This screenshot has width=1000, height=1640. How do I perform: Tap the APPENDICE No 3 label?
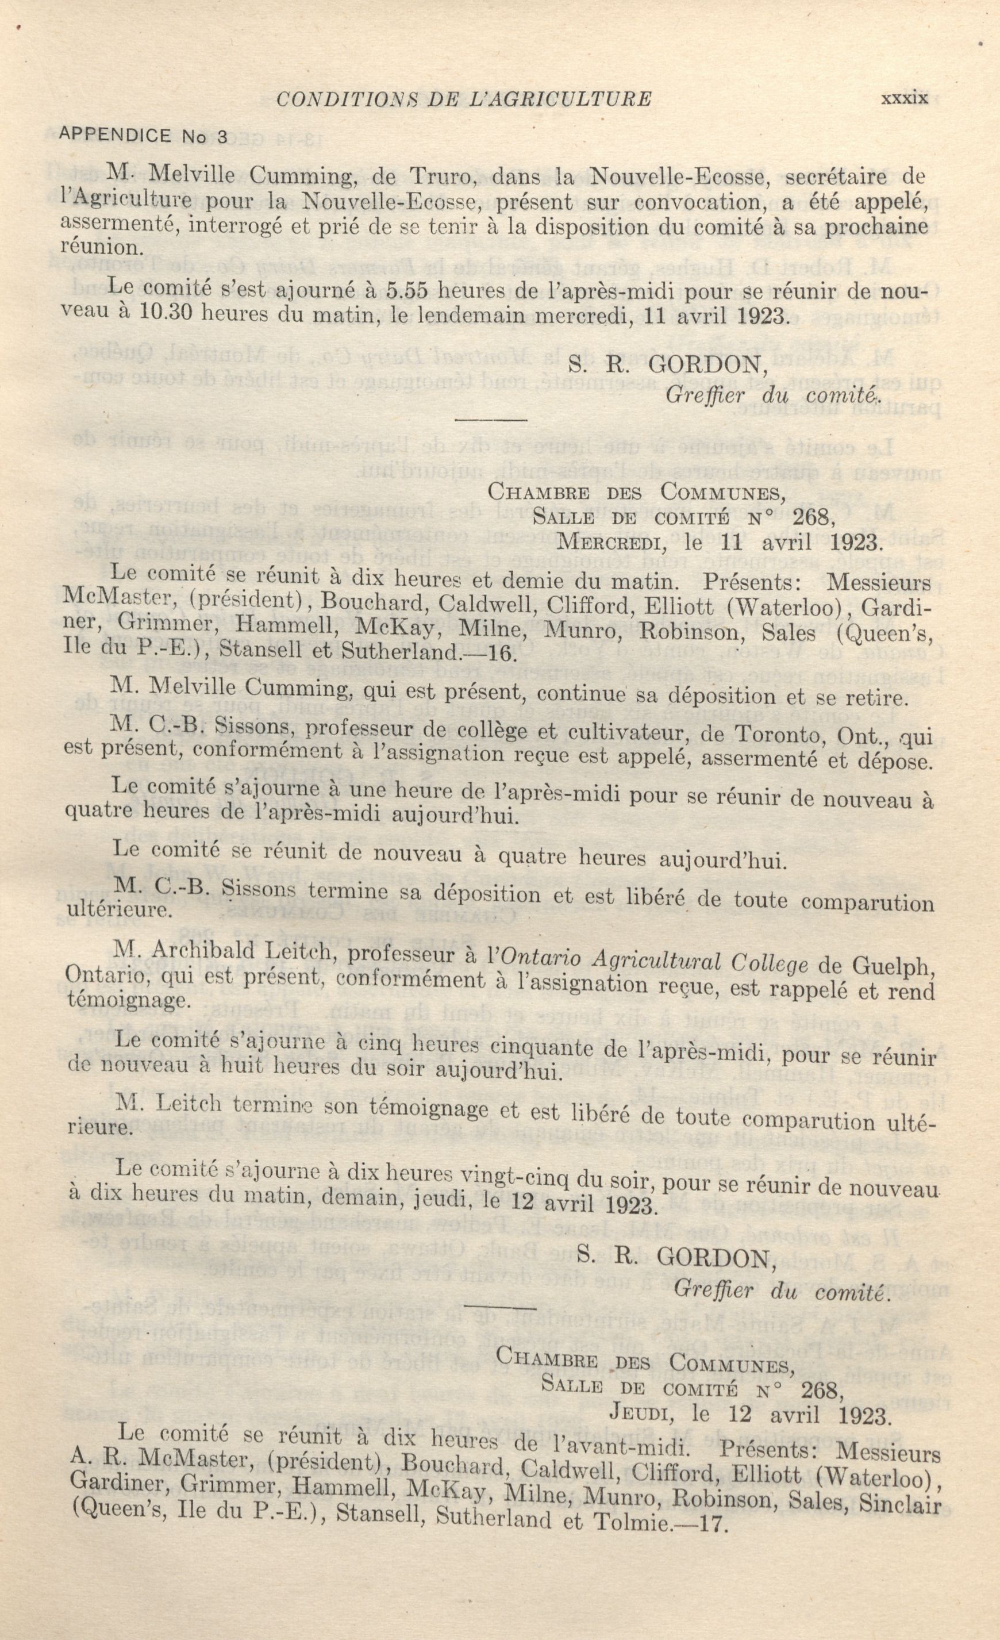[x=143, y=136]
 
